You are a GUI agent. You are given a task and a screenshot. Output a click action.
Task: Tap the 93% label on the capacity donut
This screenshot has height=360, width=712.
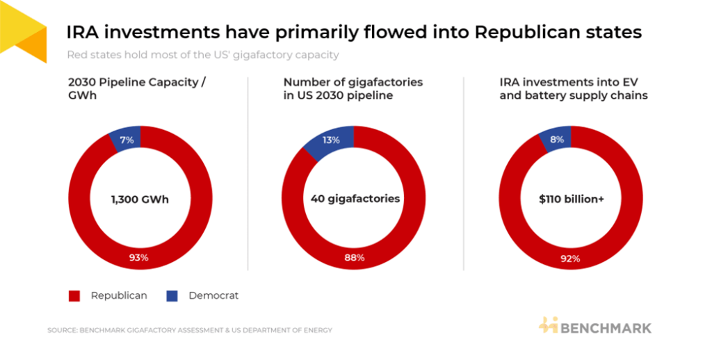[139, 259]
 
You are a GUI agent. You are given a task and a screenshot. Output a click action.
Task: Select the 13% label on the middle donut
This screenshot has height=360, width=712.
[331, 140]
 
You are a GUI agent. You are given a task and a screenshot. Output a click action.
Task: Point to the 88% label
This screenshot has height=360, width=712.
[355, 259]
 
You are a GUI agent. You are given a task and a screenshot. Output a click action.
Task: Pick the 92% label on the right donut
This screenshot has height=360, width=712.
[570, 259]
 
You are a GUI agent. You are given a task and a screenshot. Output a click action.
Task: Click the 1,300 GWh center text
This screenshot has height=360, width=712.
[140, 199]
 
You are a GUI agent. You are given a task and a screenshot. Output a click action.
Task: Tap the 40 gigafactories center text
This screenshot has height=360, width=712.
[355, 199]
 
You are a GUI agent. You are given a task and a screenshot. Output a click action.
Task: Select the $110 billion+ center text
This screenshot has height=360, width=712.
[571, 199]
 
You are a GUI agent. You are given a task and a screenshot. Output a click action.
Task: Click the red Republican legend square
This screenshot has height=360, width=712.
[74, 296]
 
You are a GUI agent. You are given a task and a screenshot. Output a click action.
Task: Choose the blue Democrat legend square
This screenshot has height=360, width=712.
[172, 296]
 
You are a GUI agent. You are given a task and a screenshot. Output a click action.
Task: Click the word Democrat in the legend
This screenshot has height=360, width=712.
[213, 295]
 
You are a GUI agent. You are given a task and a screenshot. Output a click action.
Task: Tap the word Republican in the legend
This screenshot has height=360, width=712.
[119, 295]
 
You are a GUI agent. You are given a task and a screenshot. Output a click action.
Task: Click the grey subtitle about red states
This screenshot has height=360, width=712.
[203, 54]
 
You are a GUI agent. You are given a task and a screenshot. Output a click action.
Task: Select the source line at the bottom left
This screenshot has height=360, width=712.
[190, 330]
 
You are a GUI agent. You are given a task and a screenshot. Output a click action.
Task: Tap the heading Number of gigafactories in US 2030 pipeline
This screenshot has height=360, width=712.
[353, 88]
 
